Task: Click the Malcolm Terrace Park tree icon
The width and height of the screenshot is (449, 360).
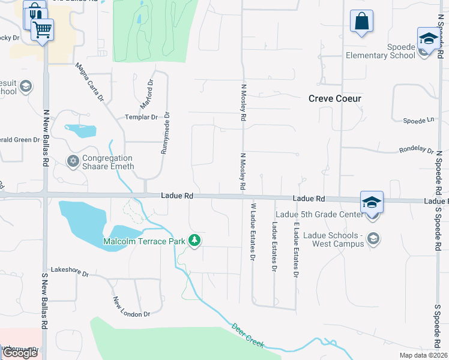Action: pos(194,241)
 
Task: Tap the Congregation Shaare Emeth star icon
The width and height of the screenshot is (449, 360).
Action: pos(73,161)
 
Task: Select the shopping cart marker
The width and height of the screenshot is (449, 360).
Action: pos(42,29)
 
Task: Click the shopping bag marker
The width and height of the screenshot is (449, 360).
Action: pos(361,22)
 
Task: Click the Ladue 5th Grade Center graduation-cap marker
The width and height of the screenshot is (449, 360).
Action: pos(372,202)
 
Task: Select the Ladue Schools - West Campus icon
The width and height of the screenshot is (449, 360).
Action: pos(373,239)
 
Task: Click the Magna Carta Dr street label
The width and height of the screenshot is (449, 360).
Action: pos(90,82)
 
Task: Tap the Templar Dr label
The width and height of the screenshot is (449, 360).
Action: pos(140,117)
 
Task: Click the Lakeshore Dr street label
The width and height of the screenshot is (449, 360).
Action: pos(69,274)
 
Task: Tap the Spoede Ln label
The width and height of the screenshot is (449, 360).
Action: pos(418,120)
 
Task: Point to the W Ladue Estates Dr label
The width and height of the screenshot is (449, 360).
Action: pos(253,232)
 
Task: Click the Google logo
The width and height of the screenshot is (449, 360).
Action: pos(20,353)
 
